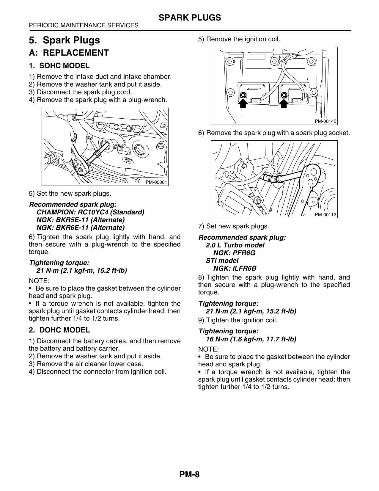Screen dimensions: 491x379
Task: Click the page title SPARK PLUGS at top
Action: point(190,18)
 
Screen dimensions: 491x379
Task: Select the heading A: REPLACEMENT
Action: point(69,53)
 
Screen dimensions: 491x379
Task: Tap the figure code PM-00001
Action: point(156,182)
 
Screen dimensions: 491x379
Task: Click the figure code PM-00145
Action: point(325,121)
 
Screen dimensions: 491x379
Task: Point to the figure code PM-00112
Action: point(325,215)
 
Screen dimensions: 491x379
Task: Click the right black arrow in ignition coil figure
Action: point(284,103)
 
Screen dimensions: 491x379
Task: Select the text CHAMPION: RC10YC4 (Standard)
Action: point(90,212)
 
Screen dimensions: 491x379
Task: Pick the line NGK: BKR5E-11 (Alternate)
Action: point(81,220)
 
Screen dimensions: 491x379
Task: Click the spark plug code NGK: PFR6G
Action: point(234,253)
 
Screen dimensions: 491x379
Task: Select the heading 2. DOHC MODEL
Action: point(59,330)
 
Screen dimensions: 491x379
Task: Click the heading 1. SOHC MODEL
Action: point(59,66)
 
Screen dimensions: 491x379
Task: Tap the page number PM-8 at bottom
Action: point(190,474)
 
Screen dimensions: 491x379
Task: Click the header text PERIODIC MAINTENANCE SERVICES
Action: point(84,26)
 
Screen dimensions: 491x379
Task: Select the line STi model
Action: point(222,261)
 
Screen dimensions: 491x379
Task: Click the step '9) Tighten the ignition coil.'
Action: point(238,320)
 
